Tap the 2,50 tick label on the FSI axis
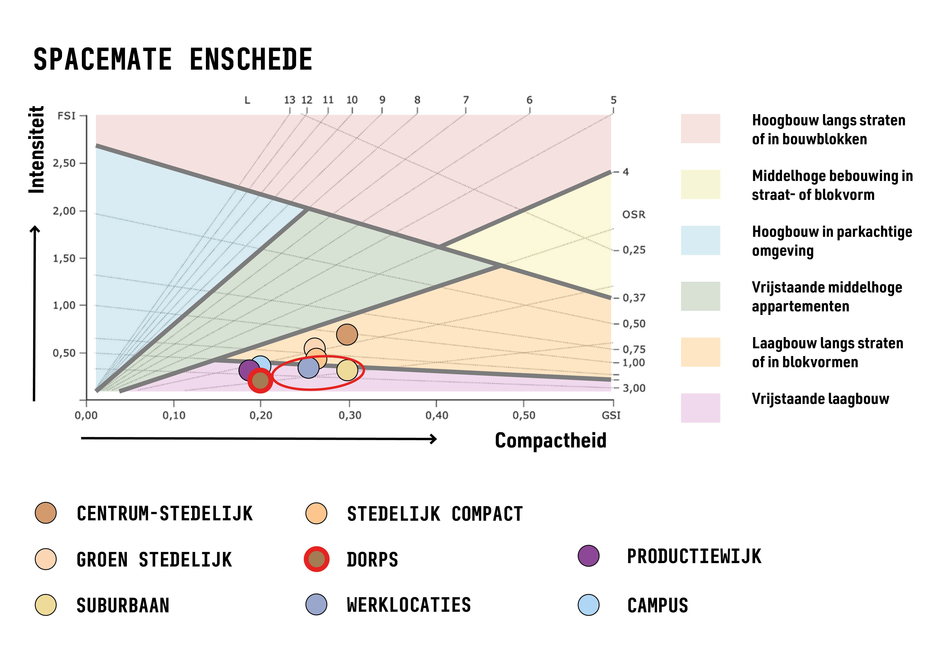(x=64, y=164)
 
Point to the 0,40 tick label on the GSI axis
(x=437, y=415)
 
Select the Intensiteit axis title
(x=37, y=150)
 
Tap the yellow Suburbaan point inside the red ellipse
(x=347, y=370)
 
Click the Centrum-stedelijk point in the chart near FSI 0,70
(x=347, y=334)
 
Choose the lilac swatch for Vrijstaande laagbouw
(x=700, y=408)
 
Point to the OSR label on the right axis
(x=634, y=215)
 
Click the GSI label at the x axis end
(x=611, y=415)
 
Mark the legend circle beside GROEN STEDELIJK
(x=46, y=559)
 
